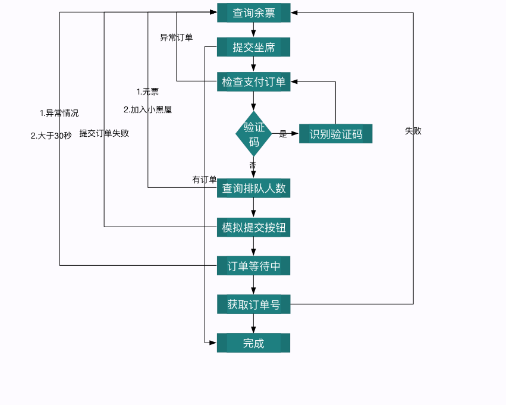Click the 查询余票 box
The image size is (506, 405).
[x=253, y=13]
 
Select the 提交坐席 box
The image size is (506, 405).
[x=253, y=48]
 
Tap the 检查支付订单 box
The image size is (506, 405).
[x=253, y=81]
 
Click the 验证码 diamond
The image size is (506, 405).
[x=254, y=134]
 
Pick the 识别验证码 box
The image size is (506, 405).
[x=335, y=134]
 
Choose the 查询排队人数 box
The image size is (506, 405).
[x=253, y=189]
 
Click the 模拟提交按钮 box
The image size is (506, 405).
[x=253, y=227]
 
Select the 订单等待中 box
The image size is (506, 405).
[x=253, y=266]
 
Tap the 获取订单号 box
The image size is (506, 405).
[x=253, y=304]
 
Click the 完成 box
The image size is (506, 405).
[x=253, y=343]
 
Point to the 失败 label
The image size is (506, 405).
[x=413, y=131]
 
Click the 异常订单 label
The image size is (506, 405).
[x=176, y=37]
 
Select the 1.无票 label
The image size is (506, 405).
[x=147, y=92]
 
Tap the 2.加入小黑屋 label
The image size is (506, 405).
[x=147, y=109]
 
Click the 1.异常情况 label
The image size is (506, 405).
[x=59, y=113]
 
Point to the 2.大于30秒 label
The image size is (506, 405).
[x=51, y=136]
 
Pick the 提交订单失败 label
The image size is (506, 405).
[x=104, y=133]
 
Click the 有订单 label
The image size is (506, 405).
[x=204, y=180]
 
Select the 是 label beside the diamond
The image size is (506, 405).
[x=283, y=134]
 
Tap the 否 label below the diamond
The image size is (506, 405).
[x=253, y=165]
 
